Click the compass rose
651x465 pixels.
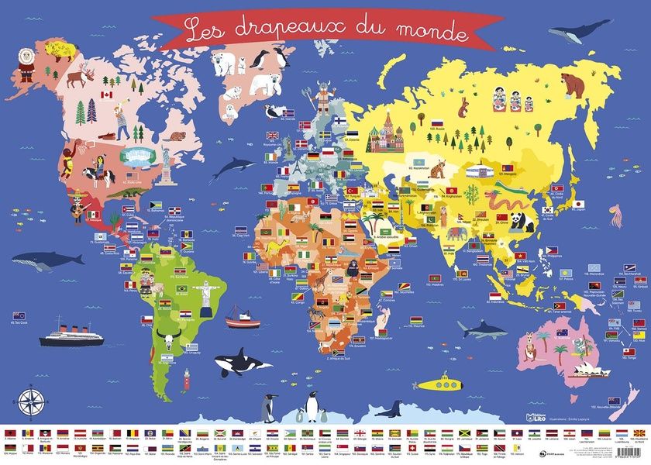point(32,401)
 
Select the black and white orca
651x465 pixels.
point(232,362)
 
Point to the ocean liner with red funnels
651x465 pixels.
point(71,333)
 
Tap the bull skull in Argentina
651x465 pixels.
point(167,339)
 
